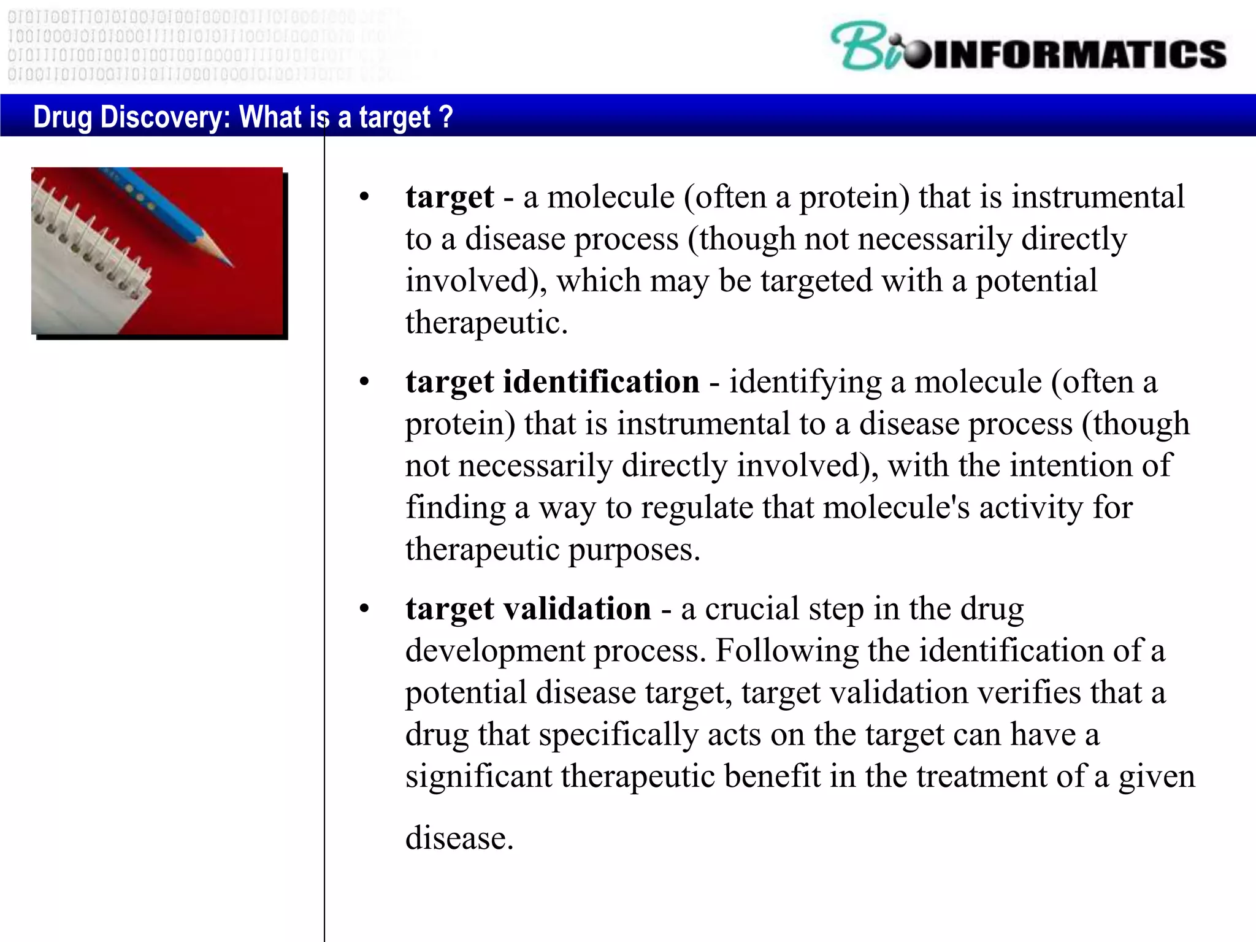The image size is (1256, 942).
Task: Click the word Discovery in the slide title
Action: pyautogui.click(x=164, y=117)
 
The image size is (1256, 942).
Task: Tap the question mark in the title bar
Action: pyautogui.click(x=446, y=116)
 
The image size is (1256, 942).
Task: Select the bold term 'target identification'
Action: pyautogui.click(x=552, y=382)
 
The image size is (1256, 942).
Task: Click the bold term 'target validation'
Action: pyautogui.click(x=528, y=609)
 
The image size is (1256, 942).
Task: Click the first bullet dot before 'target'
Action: pyautogui.click(x=364, y=197)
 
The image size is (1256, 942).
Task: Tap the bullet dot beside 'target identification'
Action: pyautogui.click(x=364, y=383)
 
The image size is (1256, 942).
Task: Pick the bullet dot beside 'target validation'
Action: pyautogui.click(x=364, y=610)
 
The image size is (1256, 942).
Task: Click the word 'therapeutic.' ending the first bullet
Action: pyautogui.click(x=486, y=323)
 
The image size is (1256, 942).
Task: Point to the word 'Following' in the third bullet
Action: pyautogui.click(x=787, y=651)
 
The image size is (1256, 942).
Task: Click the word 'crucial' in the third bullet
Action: pyautogui.click(x=751, y=609)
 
